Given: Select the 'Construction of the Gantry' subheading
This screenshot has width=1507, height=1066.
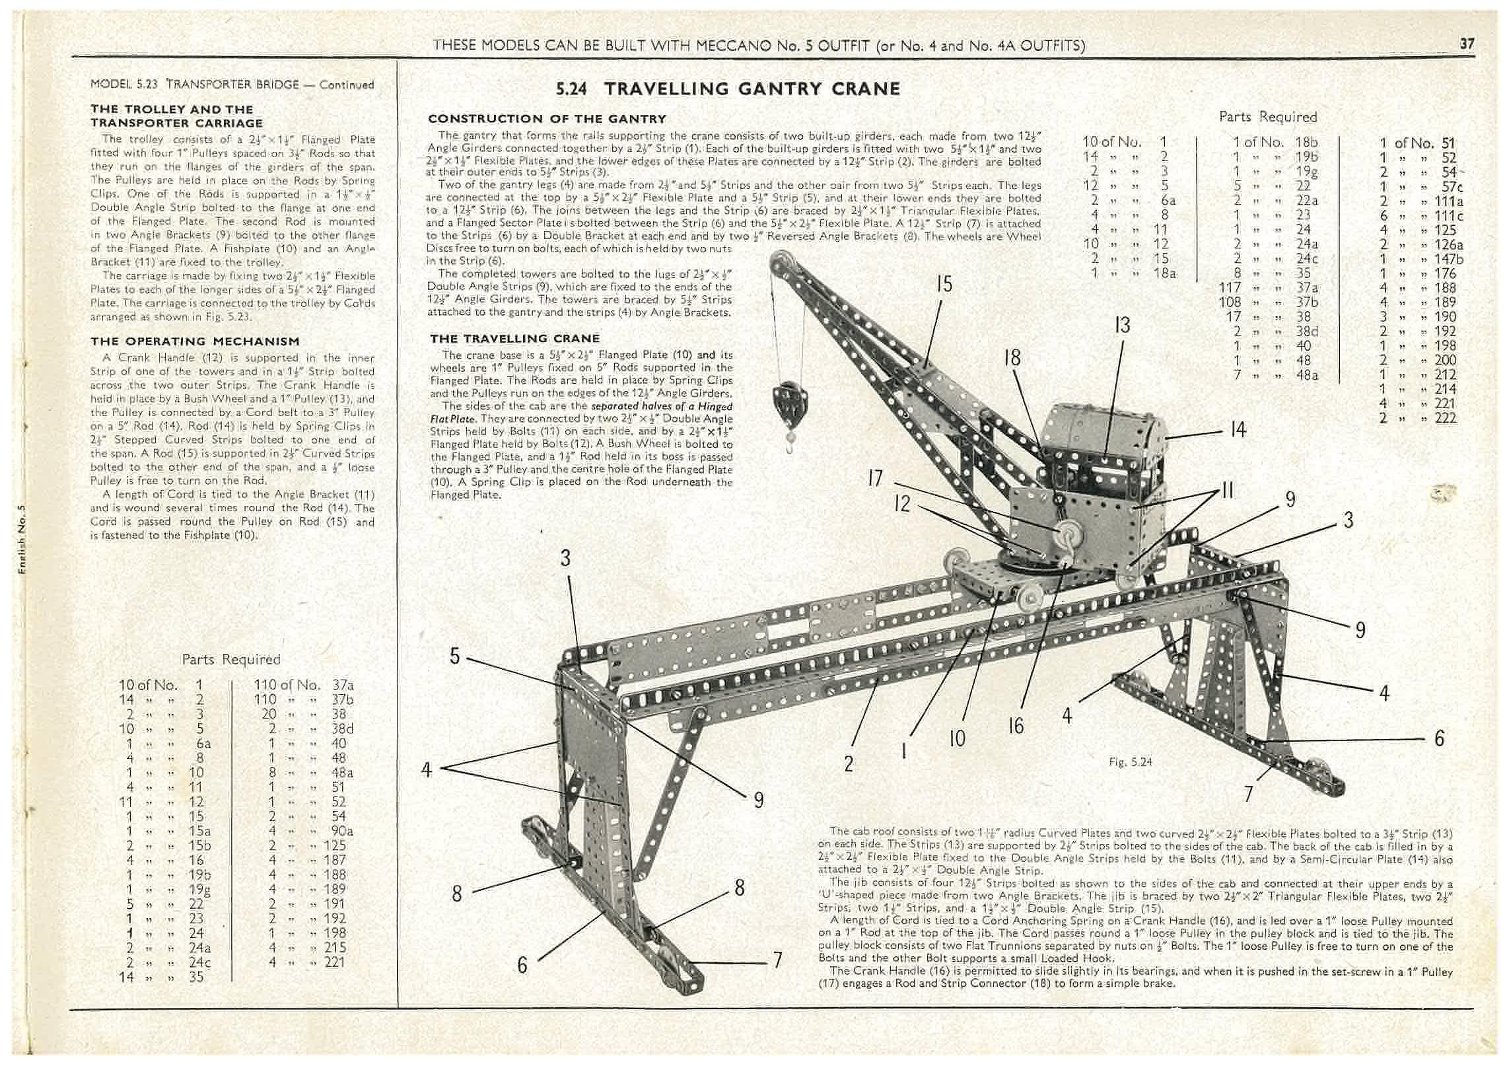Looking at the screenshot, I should click(547, 119).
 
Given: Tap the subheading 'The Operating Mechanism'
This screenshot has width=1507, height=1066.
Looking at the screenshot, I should click(195, 341).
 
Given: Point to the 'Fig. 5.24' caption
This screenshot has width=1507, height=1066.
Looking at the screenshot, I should click(1131, 762).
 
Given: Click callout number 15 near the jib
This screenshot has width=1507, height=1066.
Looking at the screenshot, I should click(944, 284).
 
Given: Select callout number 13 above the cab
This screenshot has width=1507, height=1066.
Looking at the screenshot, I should click(1122, 325).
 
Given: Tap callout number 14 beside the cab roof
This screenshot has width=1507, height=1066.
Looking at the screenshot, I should click(1238, 430).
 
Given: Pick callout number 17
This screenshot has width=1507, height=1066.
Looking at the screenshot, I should click(875, 478).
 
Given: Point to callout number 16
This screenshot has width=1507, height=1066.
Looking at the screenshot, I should click(1016, 726).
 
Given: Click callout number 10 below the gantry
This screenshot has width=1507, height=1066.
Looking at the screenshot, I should click(957, 737).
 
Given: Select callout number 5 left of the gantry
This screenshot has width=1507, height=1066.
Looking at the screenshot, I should click(454, 657).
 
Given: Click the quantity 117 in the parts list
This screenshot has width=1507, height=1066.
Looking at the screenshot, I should click(1230, 287).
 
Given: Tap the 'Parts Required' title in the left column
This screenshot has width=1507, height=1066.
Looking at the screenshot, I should click(231, 659).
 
